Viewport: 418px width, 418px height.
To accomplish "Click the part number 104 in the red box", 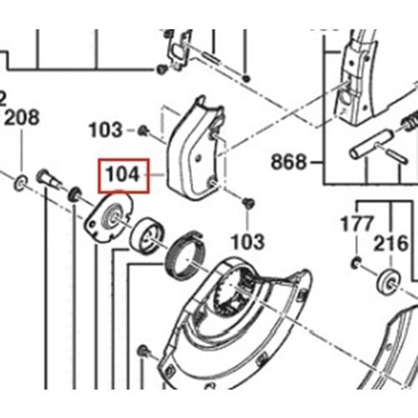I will click(122, 176).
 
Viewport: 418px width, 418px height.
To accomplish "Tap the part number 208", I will click(22, 118).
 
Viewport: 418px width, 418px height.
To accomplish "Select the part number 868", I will click(288, 160).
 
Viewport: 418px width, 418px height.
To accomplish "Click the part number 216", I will click(390, 244).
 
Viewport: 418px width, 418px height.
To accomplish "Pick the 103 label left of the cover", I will click(105, 130).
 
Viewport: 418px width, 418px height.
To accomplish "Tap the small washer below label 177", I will click(357, 264).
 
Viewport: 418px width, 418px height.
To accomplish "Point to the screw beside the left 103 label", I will click(143, 130).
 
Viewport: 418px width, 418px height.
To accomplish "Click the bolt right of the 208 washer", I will click(47, 181).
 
